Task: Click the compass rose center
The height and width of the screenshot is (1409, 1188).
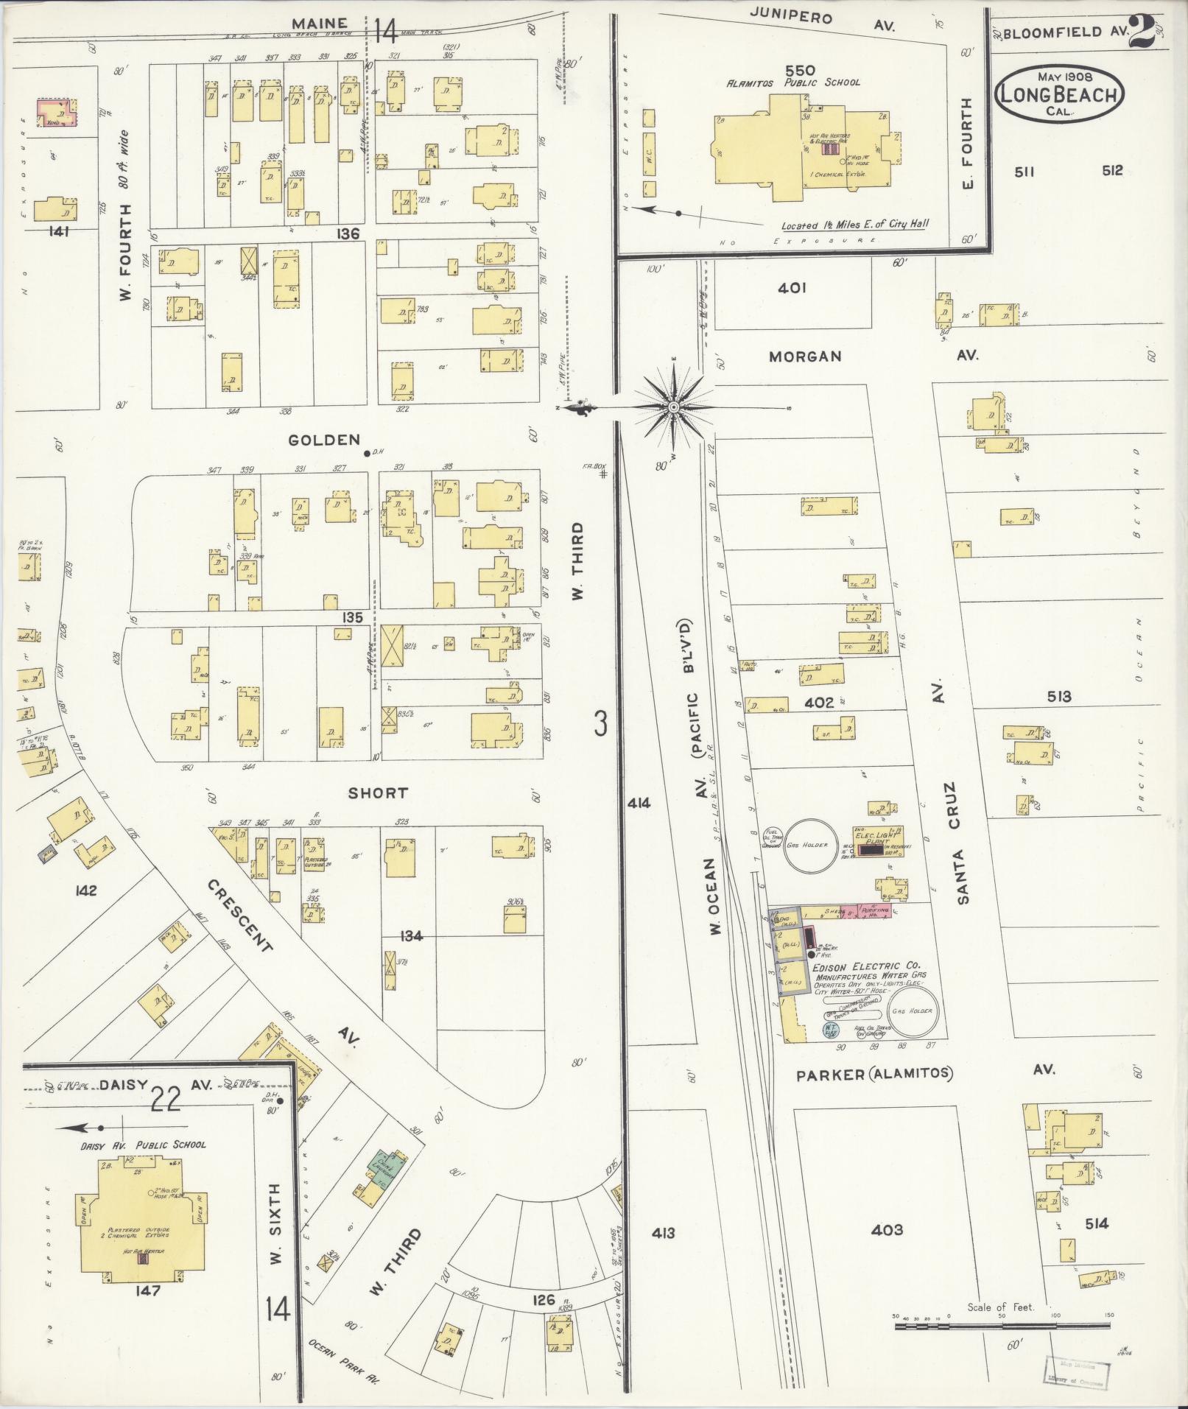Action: (673, 407)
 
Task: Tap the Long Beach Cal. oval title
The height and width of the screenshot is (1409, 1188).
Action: (1059, 94)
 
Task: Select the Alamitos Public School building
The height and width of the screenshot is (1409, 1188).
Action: (803, 151)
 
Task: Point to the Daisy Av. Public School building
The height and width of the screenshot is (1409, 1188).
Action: (140, 1223)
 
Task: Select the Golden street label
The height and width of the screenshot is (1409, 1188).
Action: (324, 440)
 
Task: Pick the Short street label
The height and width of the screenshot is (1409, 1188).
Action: (378, 793)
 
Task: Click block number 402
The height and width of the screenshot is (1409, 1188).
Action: (818, 703)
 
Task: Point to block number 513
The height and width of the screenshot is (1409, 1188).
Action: (1058, 696)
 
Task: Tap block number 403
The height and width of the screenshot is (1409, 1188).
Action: (887, 1229)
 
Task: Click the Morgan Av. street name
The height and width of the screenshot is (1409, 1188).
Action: (805, 356)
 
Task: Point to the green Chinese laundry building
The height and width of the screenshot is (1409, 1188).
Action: (388, 1165)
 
